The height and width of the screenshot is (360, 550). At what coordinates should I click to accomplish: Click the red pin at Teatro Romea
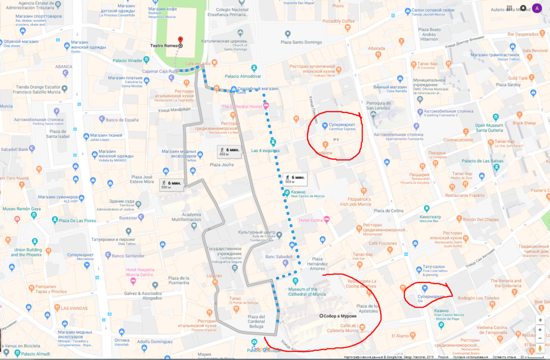point(180,40)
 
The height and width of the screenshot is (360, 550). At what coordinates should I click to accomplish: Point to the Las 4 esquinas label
point(266,151)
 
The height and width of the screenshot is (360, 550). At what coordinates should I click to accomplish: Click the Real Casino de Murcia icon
point(287,193)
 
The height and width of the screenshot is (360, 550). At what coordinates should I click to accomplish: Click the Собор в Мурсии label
point(341,316)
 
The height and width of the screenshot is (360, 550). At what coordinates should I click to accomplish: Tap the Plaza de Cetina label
point(391,210)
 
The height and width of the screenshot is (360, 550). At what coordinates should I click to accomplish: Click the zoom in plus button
point(541,330)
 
